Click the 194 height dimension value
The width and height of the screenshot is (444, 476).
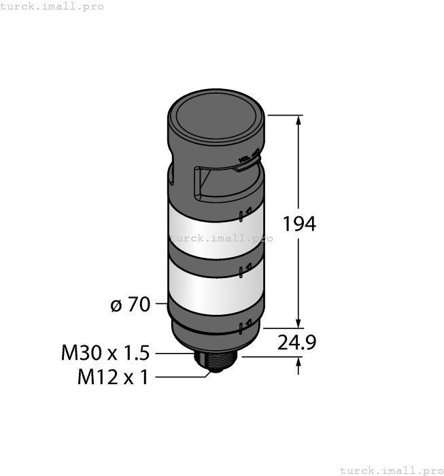[299, 224]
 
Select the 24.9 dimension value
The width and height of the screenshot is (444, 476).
[296, 343]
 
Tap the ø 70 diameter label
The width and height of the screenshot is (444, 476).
[130, 305]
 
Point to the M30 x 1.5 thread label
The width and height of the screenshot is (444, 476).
[105, 353]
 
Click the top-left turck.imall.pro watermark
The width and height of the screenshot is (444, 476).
[52, 6]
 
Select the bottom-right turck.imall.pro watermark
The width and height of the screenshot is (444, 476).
[391, 470]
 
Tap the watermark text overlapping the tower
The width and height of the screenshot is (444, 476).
[220, 238]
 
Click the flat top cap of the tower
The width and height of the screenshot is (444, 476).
[215, 114]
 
